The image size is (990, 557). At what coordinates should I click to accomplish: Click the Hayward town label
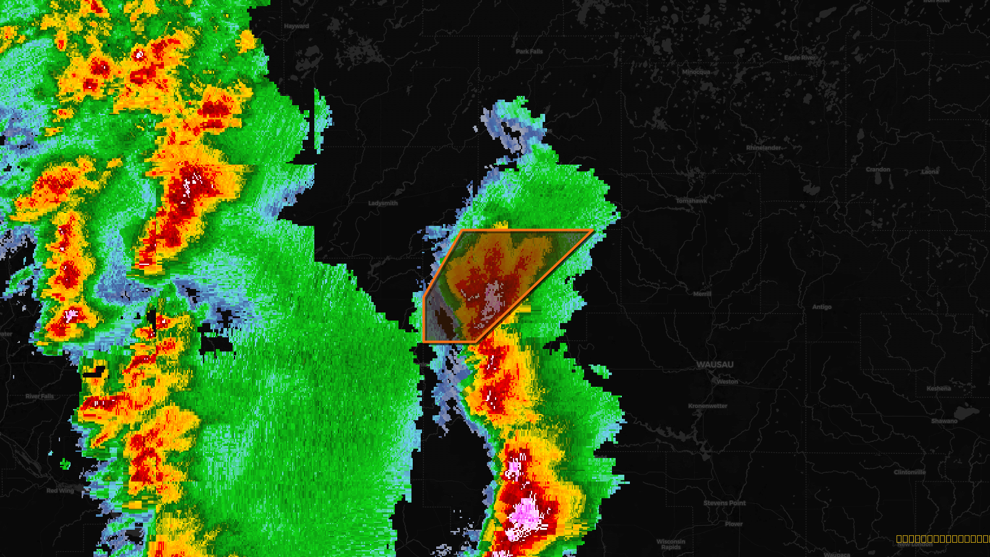(x=296, y=26)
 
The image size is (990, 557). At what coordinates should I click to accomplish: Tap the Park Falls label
(x=529, y=51)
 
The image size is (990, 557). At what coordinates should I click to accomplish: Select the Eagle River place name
(x=800, y=58)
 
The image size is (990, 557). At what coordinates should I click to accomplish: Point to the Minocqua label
(x=696, y=72)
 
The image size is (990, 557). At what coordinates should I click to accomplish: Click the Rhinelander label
(x=764, y=148)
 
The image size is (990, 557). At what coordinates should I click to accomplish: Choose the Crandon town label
(x=878, y=170)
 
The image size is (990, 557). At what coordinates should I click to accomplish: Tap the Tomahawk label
(x=691, y=201)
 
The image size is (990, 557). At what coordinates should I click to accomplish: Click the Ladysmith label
(x=383, y=203)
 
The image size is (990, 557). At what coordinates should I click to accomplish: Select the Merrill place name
(x=702, y=294)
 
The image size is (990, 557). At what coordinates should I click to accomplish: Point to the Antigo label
(x=822, y=307)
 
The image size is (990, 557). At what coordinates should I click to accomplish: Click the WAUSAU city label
(x=715, y=365)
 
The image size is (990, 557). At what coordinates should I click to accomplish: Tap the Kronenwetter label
(x=708, y=406)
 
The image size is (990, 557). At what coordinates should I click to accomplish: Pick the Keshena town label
(x=939, y=389)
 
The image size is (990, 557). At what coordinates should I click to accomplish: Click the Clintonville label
(x=910, y=472)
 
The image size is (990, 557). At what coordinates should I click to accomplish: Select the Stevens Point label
(x=725, y=503)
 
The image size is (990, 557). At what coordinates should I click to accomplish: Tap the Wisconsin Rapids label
(x=671, y=544)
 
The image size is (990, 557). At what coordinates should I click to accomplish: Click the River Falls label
(x=40, y=396)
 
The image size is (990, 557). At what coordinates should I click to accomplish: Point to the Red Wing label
(x=60, y=491)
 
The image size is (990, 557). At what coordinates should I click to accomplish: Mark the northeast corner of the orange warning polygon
(x=593, y=231)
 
